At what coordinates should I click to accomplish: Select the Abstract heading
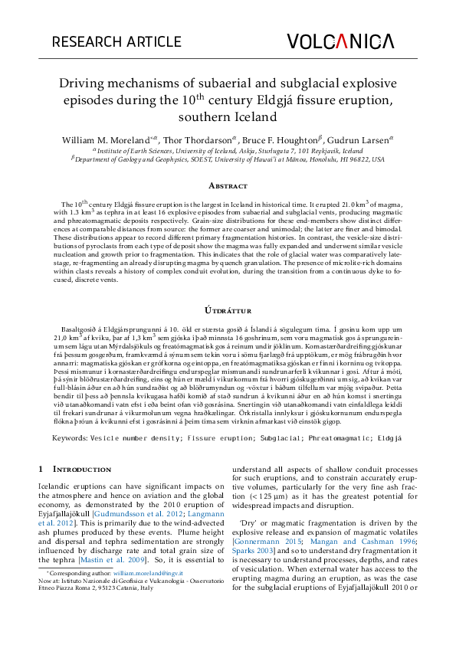tap(228, 186)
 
